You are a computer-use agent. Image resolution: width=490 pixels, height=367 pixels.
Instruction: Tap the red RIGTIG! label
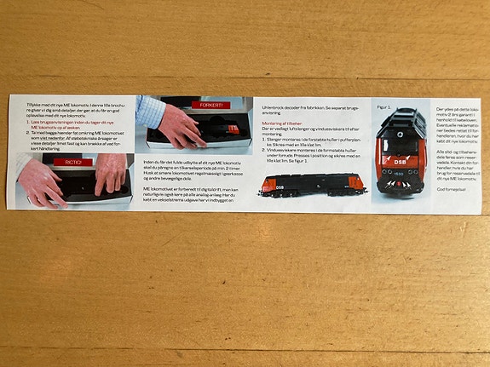(x=72, y=161)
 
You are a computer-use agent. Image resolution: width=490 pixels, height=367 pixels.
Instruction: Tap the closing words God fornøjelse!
(x=452, y=189)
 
